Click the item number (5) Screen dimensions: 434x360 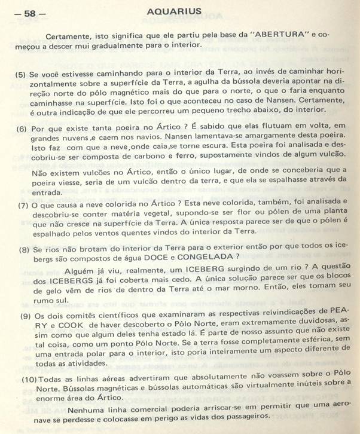point(21,75)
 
